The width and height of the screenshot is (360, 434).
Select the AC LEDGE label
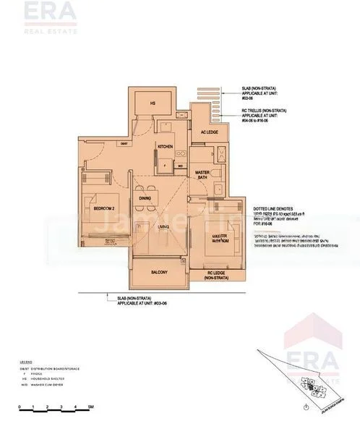pyautogui.click(x=210, y=132)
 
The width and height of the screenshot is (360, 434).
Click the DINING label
pyautogui.click(x=145, y=198)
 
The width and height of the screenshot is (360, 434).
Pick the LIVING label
pyautogui.click(x=163, y=227)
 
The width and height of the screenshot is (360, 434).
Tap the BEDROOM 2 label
pyautogui.click(x=105, y=208)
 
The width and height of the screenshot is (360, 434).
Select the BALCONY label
pyautogui.click(x=159, y=272)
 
